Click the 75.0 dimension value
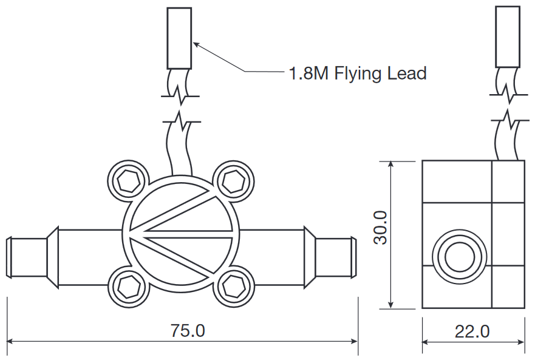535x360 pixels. (x=188, y=331)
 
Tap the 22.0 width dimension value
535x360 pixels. (x=472, y=332)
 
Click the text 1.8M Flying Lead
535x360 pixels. (x=358, y=73)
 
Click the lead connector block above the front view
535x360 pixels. (x=179, y=38)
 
